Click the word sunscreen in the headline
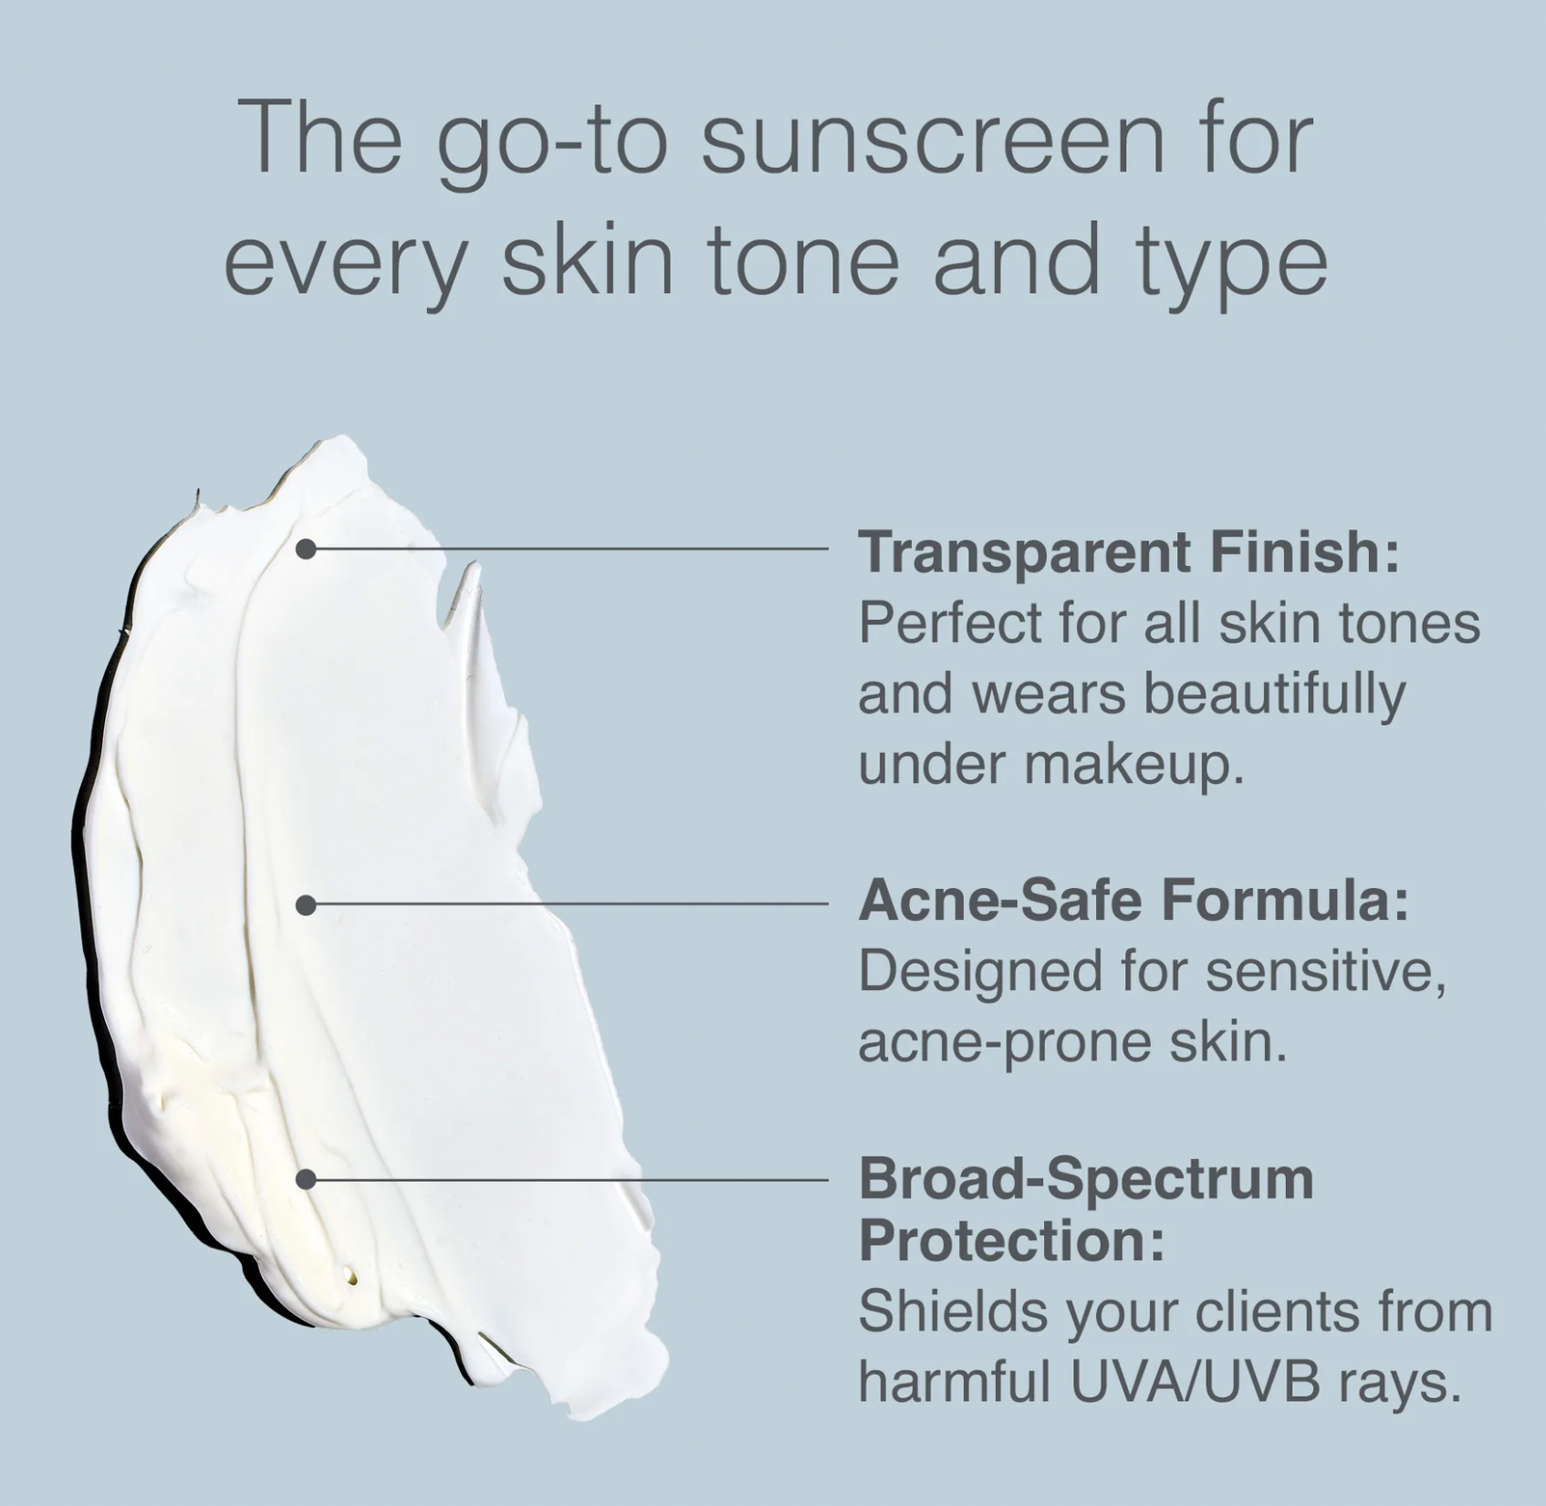(933, 140)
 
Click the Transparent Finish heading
(1129, 551)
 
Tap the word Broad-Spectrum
(1086, 1179)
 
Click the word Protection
(1011, 1240)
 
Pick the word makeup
(1133, 766)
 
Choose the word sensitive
(1325, 972)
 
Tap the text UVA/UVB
(1195, 1384)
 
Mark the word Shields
(947, 1313)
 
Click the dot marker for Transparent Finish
(307, 549)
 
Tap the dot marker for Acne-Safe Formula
(307, 905)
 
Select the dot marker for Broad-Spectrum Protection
(307, 1179)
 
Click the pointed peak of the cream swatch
(475, 564)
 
